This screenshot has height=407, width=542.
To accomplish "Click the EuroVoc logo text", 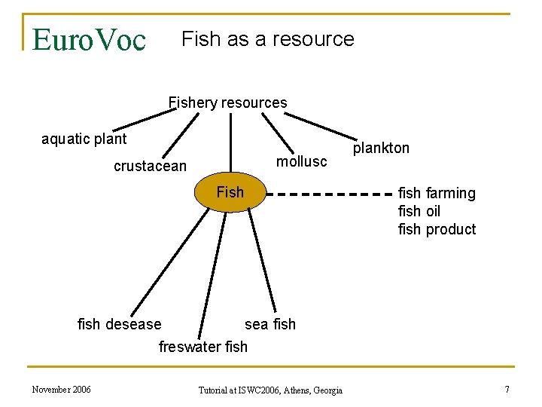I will point(89,39).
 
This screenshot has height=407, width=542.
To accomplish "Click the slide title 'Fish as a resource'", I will point(268,39).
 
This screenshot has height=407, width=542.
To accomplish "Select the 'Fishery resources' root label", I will point(227,103).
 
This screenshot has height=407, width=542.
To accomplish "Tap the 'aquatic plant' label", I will point(84,139).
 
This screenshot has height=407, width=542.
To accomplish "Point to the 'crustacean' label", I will point(150,166).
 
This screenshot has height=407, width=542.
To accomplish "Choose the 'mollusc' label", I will point(302,161).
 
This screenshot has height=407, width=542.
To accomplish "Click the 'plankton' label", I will point(382,148).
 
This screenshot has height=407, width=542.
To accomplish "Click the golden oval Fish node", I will point(230,193).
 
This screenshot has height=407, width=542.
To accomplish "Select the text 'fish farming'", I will point(437,194).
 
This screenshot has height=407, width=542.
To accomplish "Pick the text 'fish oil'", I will point(419,212).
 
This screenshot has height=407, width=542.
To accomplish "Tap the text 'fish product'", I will point(437,230).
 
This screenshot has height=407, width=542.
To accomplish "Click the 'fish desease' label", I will point(120,324).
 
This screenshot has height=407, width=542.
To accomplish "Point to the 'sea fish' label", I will point(270,324).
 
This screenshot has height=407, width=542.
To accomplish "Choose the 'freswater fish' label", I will point(202,347).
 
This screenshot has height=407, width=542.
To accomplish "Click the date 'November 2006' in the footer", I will point(61,389).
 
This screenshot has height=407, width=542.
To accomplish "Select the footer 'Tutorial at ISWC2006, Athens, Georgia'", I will point(270,390).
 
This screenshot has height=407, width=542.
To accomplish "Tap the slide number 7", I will point(507,389).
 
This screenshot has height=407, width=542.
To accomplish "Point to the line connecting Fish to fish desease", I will point(171,263).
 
